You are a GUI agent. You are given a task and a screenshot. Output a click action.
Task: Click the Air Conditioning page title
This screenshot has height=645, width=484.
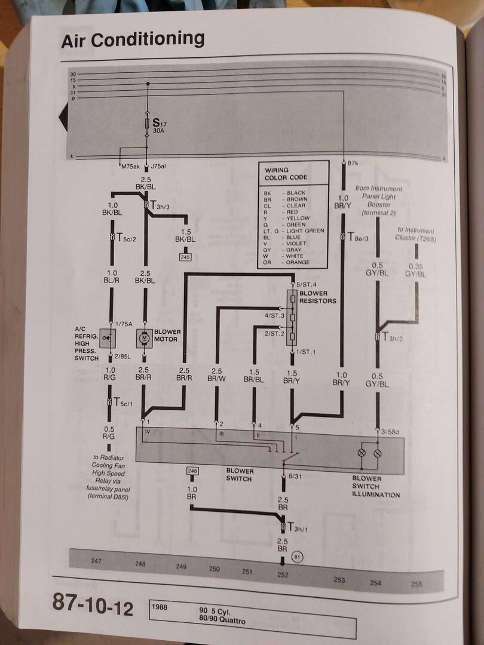click(133, 39)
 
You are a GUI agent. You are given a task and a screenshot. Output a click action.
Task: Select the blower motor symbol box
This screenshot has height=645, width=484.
click(144, 338)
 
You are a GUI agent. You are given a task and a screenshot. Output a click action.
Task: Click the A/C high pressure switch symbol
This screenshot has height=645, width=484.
click(108, 338)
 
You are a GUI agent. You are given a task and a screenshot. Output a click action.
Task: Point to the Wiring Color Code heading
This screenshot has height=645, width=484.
click(286, 174)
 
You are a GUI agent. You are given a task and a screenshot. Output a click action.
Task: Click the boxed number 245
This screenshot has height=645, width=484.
click(185, 257)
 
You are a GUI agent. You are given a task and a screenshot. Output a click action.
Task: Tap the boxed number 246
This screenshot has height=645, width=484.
click(192, 471)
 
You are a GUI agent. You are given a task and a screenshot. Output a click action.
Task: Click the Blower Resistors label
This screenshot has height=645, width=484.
click(317, 297)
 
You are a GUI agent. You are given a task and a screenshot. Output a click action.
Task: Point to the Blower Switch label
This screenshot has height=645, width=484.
click(239, 474)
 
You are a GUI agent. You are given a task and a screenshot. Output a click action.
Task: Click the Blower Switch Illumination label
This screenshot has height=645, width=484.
click(376, 486)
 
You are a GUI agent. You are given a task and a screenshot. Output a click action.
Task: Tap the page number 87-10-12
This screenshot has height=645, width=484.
click(93, 601)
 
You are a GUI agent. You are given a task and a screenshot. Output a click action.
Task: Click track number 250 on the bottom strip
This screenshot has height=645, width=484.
click(215, 569)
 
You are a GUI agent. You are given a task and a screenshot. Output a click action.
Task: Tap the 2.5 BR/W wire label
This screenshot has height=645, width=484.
click(217, 374)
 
